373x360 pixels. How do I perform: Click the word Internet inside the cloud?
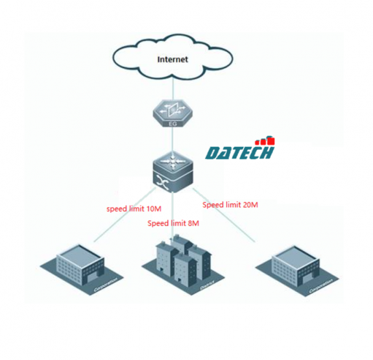[173, 60]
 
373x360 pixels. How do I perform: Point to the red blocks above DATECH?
[265, 140]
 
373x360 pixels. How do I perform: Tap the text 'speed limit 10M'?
[134, 210]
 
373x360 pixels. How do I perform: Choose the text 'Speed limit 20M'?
[230, 204]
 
